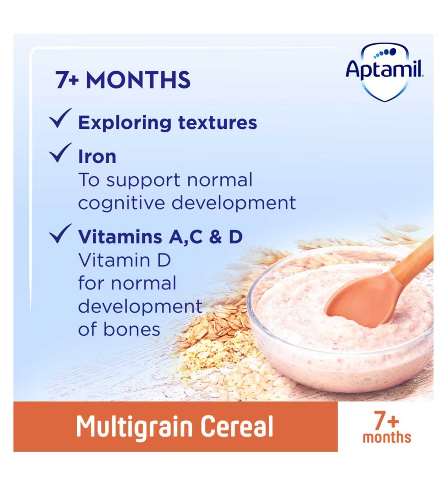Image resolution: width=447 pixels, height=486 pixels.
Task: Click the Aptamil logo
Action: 385,72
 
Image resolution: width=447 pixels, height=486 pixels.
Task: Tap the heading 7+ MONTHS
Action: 123,80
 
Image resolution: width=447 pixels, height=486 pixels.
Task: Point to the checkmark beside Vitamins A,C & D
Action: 60,233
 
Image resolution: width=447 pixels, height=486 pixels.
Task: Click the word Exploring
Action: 125,123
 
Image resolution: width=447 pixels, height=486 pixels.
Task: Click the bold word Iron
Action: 97,157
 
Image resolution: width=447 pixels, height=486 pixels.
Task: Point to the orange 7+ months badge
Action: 387,427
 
